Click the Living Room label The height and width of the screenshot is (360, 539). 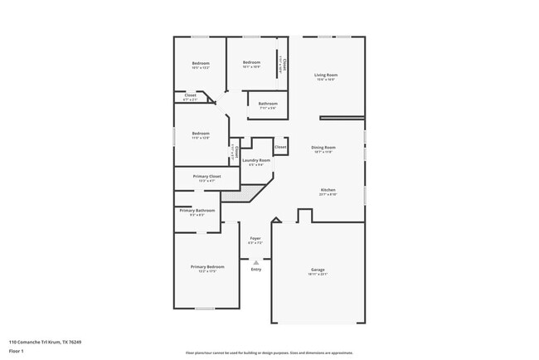(x=325, y=75)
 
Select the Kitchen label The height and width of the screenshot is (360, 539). (x=328, y=190)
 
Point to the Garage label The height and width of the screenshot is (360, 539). (x=318, y=269)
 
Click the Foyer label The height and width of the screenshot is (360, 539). (x=255, y=238)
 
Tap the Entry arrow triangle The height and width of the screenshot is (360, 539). (x=255, y=262)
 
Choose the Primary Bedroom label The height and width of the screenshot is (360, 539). (x=208, y=266)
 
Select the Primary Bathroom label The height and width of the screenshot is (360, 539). (x=197, y=211)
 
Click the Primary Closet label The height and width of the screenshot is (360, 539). (x=206, y=176)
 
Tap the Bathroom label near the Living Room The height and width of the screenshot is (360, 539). (x=267, y=104)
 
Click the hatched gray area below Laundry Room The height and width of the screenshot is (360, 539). (x=246, y=194)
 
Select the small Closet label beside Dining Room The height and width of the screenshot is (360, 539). (x=280, y=147)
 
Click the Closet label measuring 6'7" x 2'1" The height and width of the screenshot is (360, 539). (x=190, y=95)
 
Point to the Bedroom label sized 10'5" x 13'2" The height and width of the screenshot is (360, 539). (x=201, y=64)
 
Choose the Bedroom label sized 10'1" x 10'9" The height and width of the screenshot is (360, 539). (x=251, y=62)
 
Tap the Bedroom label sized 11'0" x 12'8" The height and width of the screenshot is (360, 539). (x=201, y=134)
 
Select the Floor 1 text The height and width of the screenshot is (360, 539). (x=17, y=351)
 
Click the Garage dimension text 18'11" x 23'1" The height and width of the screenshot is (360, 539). (x=318, y=274)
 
